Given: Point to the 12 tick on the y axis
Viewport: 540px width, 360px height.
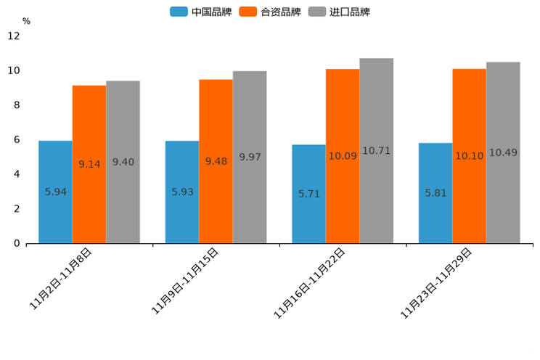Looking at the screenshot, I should pyautogui.click(x=14, y=36).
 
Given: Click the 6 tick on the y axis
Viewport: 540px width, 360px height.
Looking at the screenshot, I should pyautogui.click(x=17, y=139).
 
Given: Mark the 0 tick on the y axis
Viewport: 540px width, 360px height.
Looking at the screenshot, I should pyautogui.click(x=17, y=243).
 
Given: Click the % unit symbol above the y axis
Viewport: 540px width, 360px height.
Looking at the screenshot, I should pyautogui.click(x=26, y=21).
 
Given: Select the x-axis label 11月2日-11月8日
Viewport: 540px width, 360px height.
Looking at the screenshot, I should pyautogui.click(x=61, y=279).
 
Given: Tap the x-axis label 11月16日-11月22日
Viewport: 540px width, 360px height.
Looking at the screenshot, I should pyautogui.click(x=309, y=283).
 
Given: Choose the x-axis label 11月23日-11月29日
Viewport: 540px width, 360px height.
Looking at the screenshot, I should pyautogui.click(x=436, y=283).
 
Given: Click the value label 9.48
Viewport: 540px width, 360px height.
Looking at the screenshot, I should pyautogui.click(x=216, y=161).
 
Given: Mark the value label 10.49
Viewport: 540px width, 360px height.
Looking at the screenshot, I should pyautogui.click(x=503, y=152).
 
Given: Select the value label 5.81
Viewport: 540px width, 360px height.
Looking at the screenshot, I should pyautogui.click(x=436, y=193).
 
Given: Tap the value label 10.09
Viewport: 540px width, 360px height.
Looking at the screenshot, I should pyautogui.click(x=343, y=155).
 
